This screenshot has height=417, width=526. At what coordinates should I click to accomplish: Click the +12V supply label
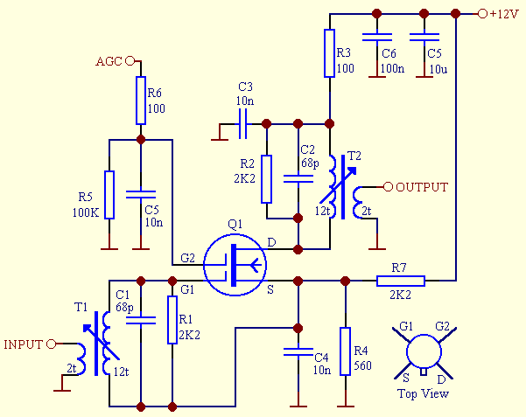[x=504, y=14]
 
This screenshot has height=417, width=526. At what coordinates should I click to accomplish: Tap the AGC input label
[x=109, y=61]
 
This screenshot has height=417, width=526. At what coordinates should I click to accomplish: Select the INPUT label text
[x=24, y=343]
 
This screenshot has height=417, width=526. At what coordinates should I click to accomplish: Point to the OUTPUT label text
[x=422, y=187]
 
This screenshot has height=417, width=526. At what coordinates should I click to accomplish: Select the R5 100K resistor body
[x=109, y=194]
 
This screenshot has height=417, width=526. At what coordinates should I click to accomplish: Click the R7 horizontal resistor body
[x=401, y=281]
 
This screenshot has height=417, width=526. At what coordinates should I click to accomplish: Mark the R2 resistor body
[x=267, y=178]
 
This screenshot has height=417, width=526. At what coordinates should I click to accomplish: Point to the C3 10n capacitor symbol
[x=242, y=124]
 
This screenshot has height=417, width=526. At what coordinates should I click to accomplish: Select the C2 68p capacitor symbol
[x=298, y=178]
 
